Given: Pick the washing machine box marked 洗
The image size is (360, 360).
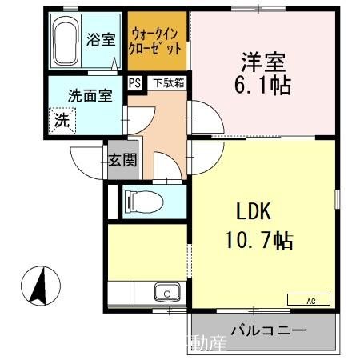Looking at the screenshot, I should click(x=61, y=122).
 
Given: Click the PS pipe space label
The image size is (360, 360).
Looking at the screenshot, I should click(x=134, y=82).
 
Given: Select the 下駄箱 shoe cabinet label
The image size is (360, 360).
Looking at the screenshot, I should click(x=168, y=82).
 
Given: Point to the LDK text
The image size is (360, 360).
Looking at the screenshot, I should click(x=254, y=212).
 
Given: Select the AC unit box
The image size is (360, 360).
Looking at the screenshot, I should click(x=307, y=300).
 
